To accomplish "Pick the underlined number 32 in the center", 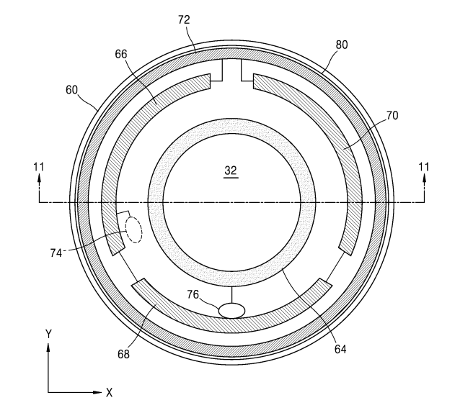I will pyautogui.click(x=231, y=171).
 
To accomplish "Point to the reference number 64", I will pyautogui.click(x=339, y=350).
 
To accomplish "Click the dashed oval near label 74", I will pyautogui.click(x=134, y=230).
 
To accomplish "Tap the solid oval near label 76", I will pyautogui.click(x=231, y=310).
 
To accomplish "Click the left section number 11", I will pyautogui.click(x=39, y=167).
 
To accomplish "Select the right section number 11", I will pyautogui.click(x=424, y=167).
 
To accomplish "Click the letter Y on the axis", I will pyautogui.click(x=48, y=333).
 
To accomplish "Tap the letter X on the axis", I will pyautogui.click(x=110, y=393).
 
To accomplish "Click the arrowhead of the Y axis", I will pyautogui.click(x=48, y=347).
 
